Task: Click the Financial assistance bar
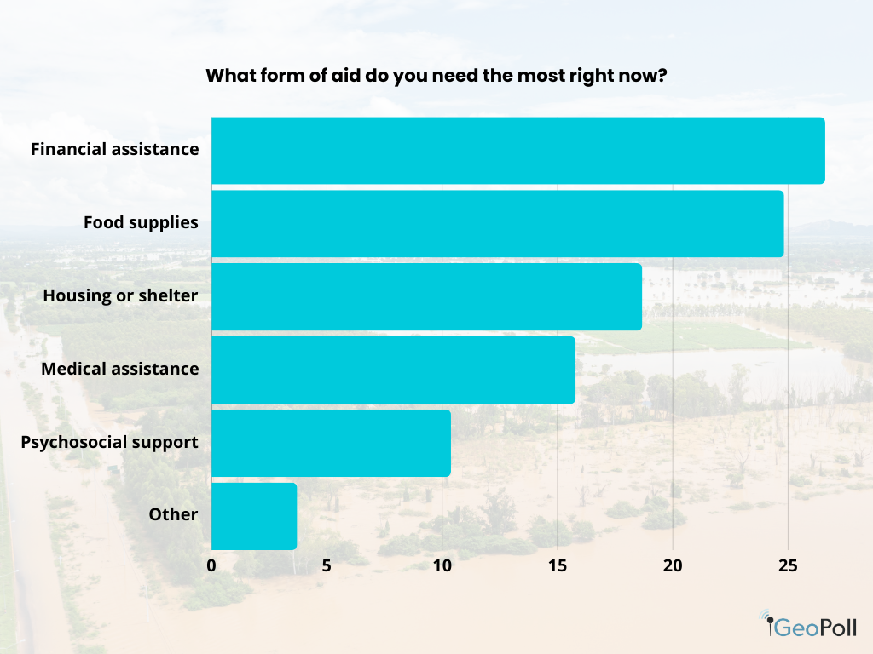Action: tap(517, 151)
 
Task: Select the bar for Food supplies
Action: tap(497, 223)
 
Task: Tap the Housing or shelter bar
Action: tap(426, 296)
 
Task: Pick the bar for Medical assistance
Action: tap(393, 370)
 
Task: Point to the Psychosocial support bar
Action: tap(331, 443)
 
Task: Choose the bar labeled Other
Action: tap(254, 516)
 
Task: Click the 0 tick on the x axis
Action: tap(211, 565)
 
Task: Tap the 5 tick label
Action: tap(327, 565)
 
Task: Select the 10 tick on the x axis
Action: tap(442, 565)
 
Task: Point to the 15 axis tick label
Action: tap(557, 565)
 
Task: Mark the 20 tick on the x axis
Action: tap(673, 565)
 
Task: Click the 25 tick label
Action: tap(788, 565)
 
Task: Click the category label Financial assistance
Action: tap(115, 150)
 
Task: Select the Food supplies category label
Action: tap(141, 223)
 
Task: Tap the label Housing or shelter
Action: tap(120, 296)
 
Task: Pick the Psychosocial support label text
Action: tap(109, 443)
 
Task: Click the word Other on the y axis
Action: tap(173, 515)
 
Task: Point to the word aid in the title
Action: tap(349, 76)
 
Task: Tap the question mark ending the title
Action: tap(662, 76)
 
